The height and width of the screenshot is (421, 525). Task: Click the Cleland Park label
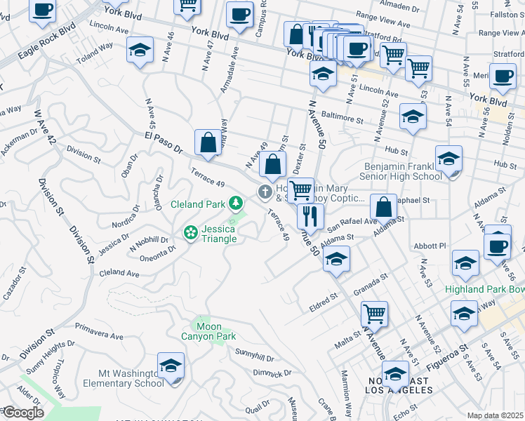tap(198, 205)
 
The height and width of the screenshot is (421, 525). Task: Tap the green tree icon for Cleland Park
tap(237, 204)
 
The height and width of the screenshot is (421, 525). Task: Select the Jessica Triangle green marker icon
tap(190, 232)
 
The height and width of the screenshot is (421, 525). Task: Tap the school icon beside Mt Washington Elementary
tap(171, 366)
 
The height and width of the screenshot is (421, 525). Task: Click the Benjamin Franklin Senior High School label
tap(403, 171)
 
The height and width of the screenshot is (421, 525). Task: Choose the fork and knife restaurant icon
tap(308, 216)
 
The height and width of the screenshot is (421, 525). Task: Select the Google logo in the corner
tap(22, 413)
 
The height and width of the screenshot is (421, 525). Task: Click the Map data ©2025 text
tap(495, 415)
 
